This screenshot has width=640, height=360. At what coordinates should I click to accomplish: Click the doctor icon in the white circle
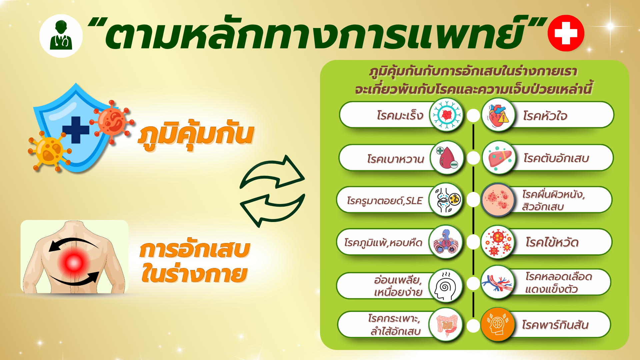(61, 36)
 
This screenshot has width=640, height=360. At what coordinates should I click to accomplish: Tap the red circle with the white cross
(566, 33)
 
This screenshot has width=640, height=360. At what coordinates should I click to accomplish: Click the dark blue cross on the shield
(76, 130)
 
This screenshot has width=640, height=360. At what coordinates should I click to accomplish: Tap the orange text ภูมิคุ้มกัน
(196, 135)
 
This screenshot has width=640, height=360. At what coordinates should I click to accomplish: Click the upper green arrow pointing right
(273, 171)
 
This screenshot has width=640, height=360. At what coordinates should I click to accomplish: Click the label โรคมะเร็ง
(400, 115)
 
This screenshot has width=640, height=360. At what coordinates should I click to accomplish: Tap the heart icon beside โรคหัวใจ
(498, 115)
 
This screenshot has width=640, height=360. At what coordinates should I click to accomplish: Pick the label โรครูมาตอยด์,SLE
(385, 201)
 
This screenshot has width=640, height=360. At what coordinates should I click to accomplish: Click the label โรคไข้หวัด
(552, 242)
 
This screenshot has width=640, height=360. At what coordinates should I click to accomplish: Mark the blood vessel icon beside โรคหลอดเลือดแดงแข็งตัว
(498, 282)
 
